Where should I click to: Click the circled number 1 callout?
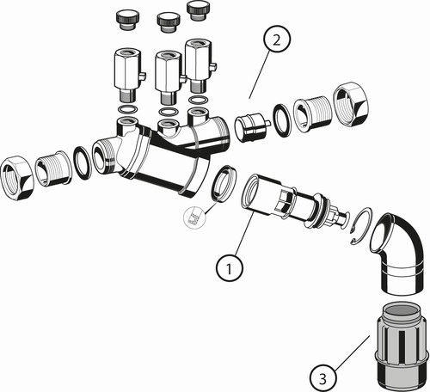pyautogui.click(x=230, y=268)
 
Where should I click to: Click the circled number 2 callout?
pyautogui.click(x=276, y=40)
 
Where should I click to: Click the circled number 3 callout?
pyautogui.click(x=323, y=378)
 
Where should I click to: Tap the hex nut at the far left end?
pyautogui.click(x=17, y=178)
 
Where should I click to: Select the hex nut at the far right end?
pyautogui.click(x=351, y=105)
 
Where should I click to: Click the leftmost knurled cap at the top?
pyautogui.click(x=127, y=20)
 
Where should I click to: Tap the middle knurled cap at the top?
pyautogui.click(x=169, y=21)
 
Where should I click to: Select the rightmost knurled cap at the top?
pyautogui.click(x=199, y=10)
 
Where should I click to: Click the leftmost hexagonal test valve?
pyautogui.click(x=130, y=75)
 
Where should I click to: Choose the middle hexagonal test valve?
pyautogui.click(x=169, y=77)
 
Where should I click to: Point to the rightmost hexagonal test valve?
pyautogui.click(x=200, y=66)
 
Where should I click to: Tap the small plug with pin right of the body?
pyautogui.click(x=252, y=127)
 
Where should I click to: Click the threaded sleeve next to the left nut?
pyautogui.click(x=53, y=168)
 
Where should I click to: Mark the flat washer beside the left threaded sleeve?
pyautogui.click(x=83, y=163)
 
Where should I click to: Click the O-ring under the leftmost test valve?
pyautogui.click(x=127, y=110)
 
